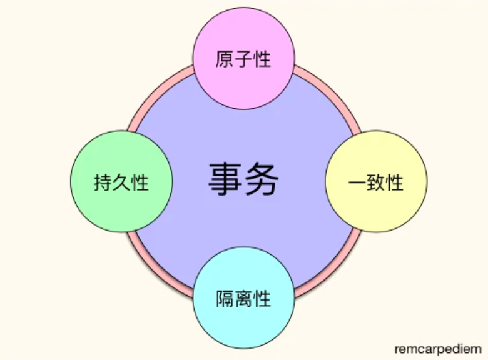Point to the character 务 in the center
pos(262,180)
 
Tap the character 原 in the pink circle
pos(225,59)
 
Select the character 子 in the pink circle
pos(243,59)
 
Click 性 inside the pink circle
pos(262,59)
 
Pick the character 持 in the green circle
pos(103,183)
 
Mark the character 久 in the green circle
pos(121,183)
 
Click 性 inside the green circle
pos(140,183)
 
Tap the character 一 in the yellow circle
pos(357,183)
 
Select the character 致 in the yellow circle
pos(375,183)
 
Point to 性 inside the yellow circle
pos(395,183)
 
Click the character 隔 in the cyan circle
pos(225,298)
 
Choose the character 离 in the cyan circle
pos(243,298)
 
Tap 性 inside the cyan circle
pos(262,298)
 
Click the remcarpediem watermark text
pos(438,349)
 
